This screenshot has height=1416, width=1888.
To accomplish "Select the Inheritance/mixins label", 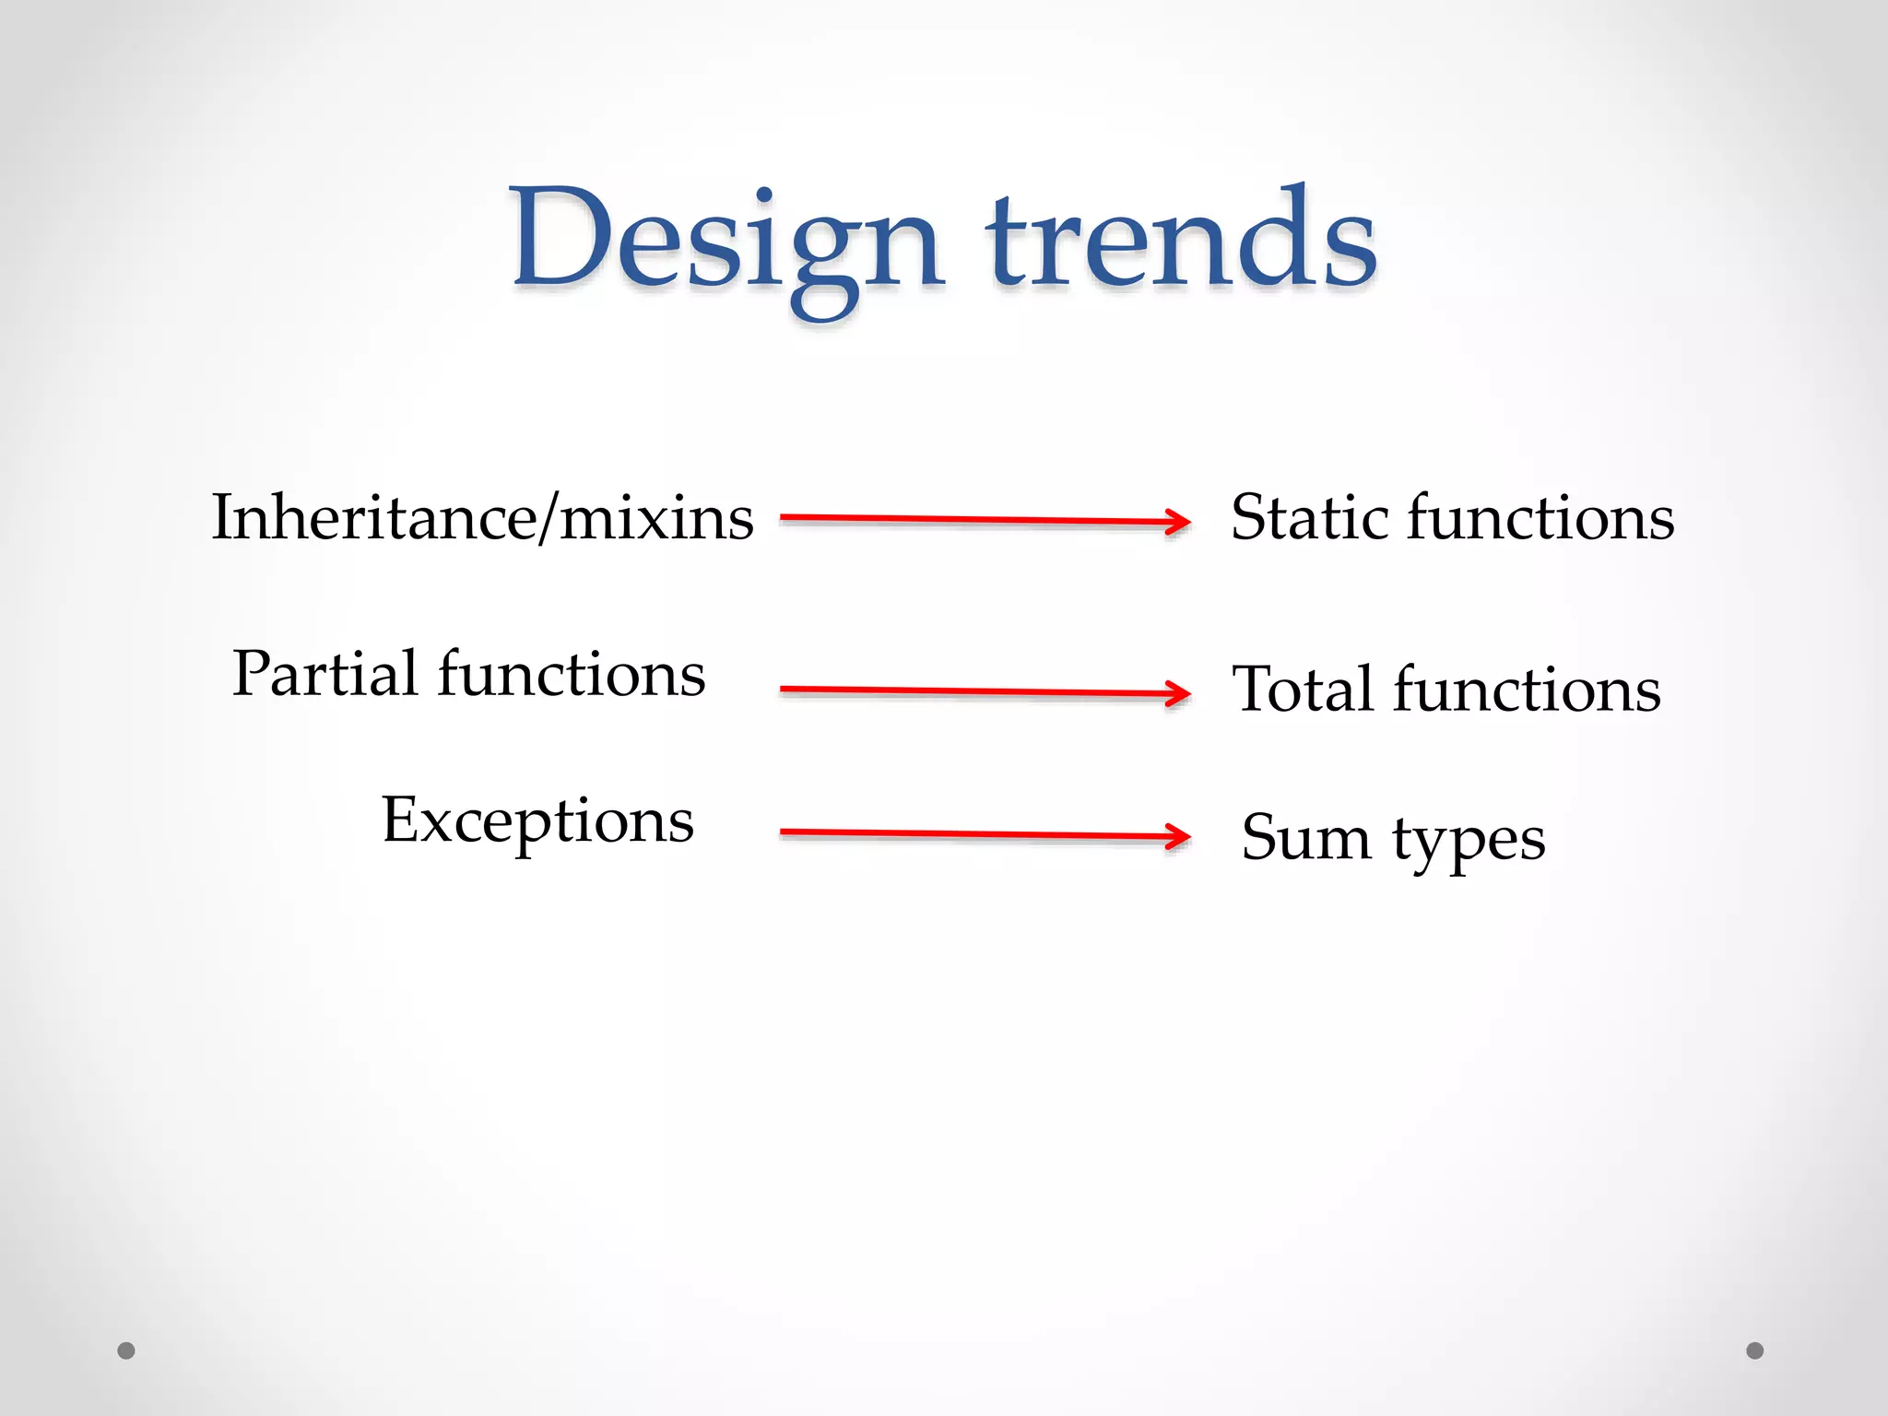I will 482,517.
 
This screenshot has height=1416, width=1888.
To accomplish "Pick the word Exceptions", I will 537,820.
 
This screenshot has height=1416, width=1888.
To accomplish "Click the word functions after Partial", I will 572,673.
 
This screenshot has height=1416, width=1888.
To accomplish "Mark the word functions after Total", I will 1527,690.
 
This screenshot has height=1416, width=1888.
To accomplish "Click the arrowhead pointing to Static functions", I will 1179,522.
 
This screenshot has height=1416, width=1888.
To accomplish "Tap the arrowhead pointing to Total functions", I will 1179,693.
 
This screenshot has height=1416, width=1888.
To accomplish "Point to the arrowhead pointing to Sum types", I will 1179,836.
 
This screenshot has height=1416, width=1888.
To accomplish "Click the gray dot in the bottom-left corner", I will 126,1351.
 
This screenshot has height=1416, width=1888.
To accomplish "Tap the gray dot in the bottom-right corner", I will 1755,1351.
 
